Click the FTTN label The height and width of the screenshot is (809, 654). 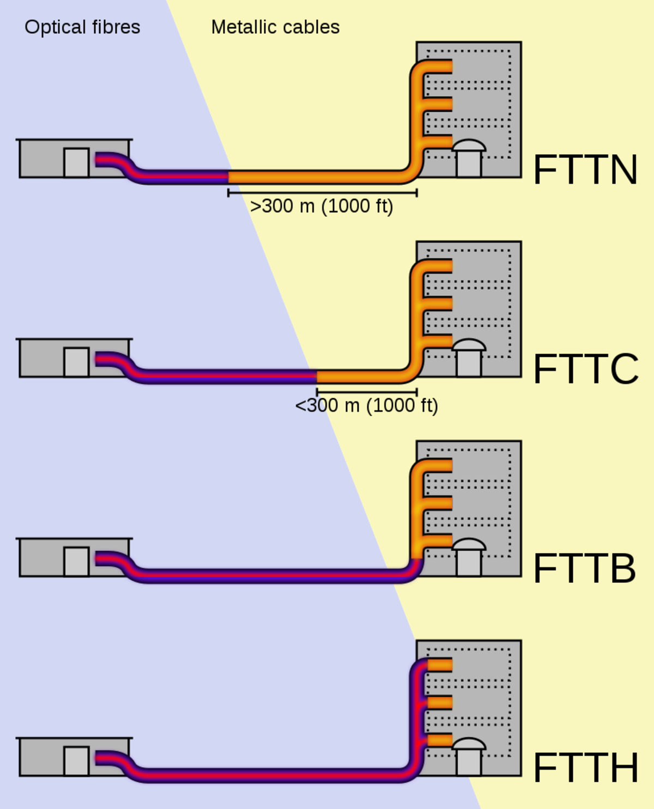[x=585, y=170]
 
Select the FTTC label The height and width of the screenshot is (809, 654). [x=585, y=369]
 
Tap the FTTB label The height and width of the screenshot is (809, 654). [x=584, y=569]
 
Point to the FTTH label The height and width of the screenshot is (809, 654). [x=585, y=768]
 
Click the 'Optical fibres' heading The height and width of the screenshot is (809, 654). [x=82, y=27]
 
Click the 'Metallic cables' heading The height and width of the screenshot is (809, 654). [x=275, y=27]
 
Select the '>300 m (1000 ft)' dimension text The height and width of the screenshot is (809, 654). [x=321, y=206]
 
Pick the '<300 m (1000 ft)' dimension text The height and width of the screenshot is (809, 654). [x=366, y=406]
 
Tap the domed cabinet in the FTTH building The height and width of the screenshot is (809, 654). [x=469, y=757]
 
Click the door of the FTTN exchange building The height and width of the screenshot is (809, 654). [x=76, y=162]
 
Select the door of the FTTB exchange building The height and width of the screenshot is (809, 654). [x=76, y=561]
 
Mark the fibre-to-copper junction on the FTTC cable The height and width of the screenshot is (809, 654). [x=317, y=376]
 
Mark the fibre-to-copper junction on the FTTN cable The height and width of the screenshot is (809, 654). [x=228, y=177]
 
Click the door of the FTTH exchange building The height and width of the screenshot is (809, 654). [x=76, y=761]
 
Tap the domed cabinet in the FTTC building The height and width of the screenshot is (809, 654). [x=469, y=358]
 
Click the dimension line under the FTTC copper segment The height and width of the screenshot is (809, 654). [x=366, y=392]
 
